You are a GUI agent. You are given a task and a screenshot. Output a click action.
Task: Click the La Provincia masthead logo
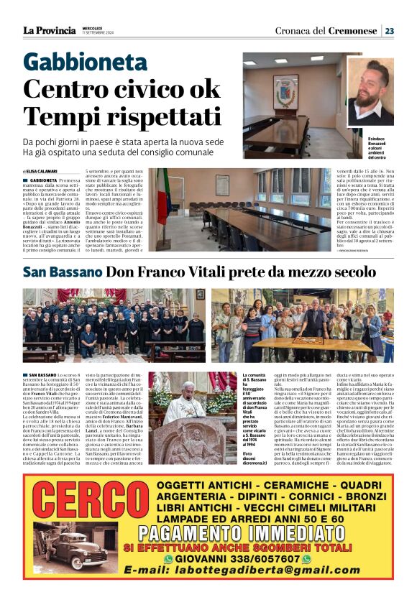pyautogui.click(x=48, y=31)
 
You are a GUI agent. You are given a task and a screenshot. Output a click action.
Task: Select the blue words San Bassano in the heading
pyautogui.click(x=63, y=272)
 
